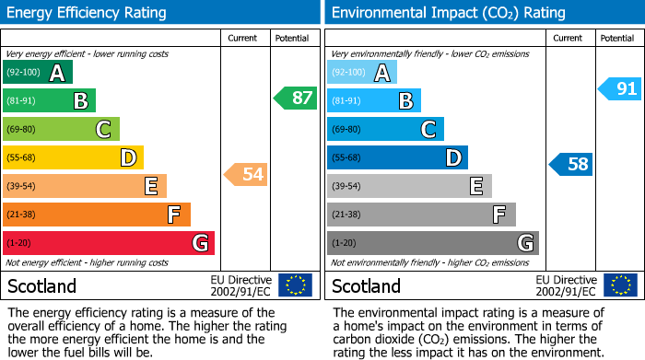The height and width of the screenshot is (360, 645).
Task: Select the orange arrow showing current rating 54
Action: pos(246,174)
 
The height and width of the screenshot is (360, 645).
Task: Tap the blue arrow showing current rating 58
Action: pos(571,165)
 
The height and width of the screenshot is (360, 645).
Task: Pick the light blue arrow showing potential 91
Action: pos(619,88)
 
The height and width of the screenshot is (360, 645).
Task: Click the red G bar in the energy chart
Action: pos(108,243)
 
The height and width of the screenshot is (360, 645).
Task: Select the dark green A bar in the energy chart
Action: pos(37,73)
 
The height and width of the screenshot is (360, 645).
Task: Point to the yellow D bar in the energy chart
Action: pos(72,158)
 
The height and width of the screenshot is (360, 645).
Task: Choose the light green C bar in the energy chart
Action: pos(61,130)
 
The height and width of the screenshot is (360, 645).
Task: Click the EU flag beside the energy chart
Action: pos(295,285)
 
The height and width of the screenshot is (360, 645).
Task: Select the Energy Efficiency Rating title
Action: pos(88,13)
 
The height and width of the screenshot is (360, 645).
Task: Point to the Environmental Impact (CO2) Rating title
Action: pos(448,13)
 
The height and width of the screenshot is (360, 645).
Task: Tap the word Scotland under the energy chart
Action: pos(41,286)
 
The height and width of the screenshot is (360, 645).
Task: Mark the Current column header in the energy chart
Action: pos(242,38)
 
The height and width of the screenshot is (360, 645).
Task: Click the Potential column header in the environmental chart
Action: pos(616,38)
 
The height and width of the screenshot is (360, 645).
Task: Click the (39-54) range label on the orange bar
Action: pos(20,187)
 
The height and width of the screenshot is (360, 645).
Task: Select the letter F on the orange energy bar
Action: pos(173,215)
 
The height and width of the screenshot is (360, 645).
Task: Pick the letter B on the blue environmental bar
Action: pos(405,101)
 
